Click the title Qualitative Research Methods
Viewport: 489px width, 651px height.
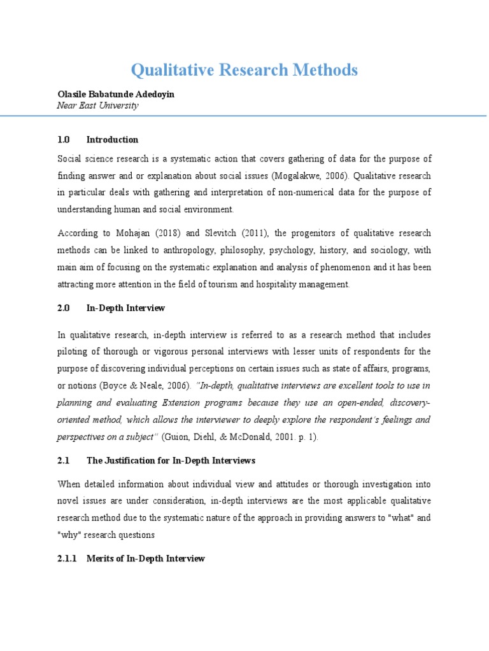(x=244, y=70)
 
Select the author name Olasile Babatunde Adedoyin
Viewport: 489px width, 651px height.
(x=116, y=94)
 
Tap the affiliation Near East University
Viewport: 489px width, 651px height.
(x=97, y=106)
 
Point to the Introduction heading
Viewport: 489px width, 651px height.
(x=112, y=140)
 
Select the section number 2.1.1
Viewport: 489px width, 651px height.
(x=67, y=559)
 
